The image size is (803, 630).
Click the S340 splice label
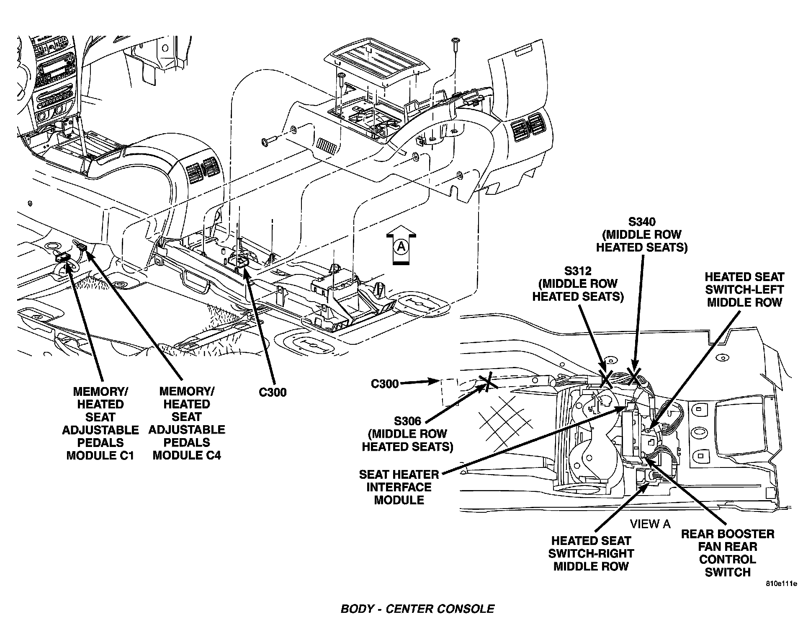641,222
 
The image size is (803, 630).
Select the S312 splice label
577,271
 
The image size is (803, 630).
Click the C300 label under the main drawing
273,392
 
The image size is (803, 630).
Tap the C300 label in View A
385,384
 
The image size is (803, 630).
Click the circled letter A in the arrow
401,248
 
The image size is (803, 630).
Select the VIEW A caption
650,524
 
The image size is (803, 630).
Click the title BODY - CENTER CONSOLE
417,609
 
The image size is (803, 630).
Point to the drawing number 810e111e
781,584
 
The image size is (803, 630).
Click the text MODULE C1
100,455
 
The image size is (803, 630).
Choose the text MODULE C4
187,455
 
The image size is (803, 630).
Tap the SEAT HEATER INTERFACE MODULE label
399,487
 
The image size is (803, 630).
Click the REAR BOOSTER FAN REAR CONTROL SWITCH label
728,553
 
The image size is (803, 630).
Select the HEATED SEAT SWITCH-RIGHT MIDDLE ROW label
591,553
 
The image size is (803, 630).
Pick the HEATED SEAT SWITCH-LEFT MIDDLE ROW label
744,289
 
